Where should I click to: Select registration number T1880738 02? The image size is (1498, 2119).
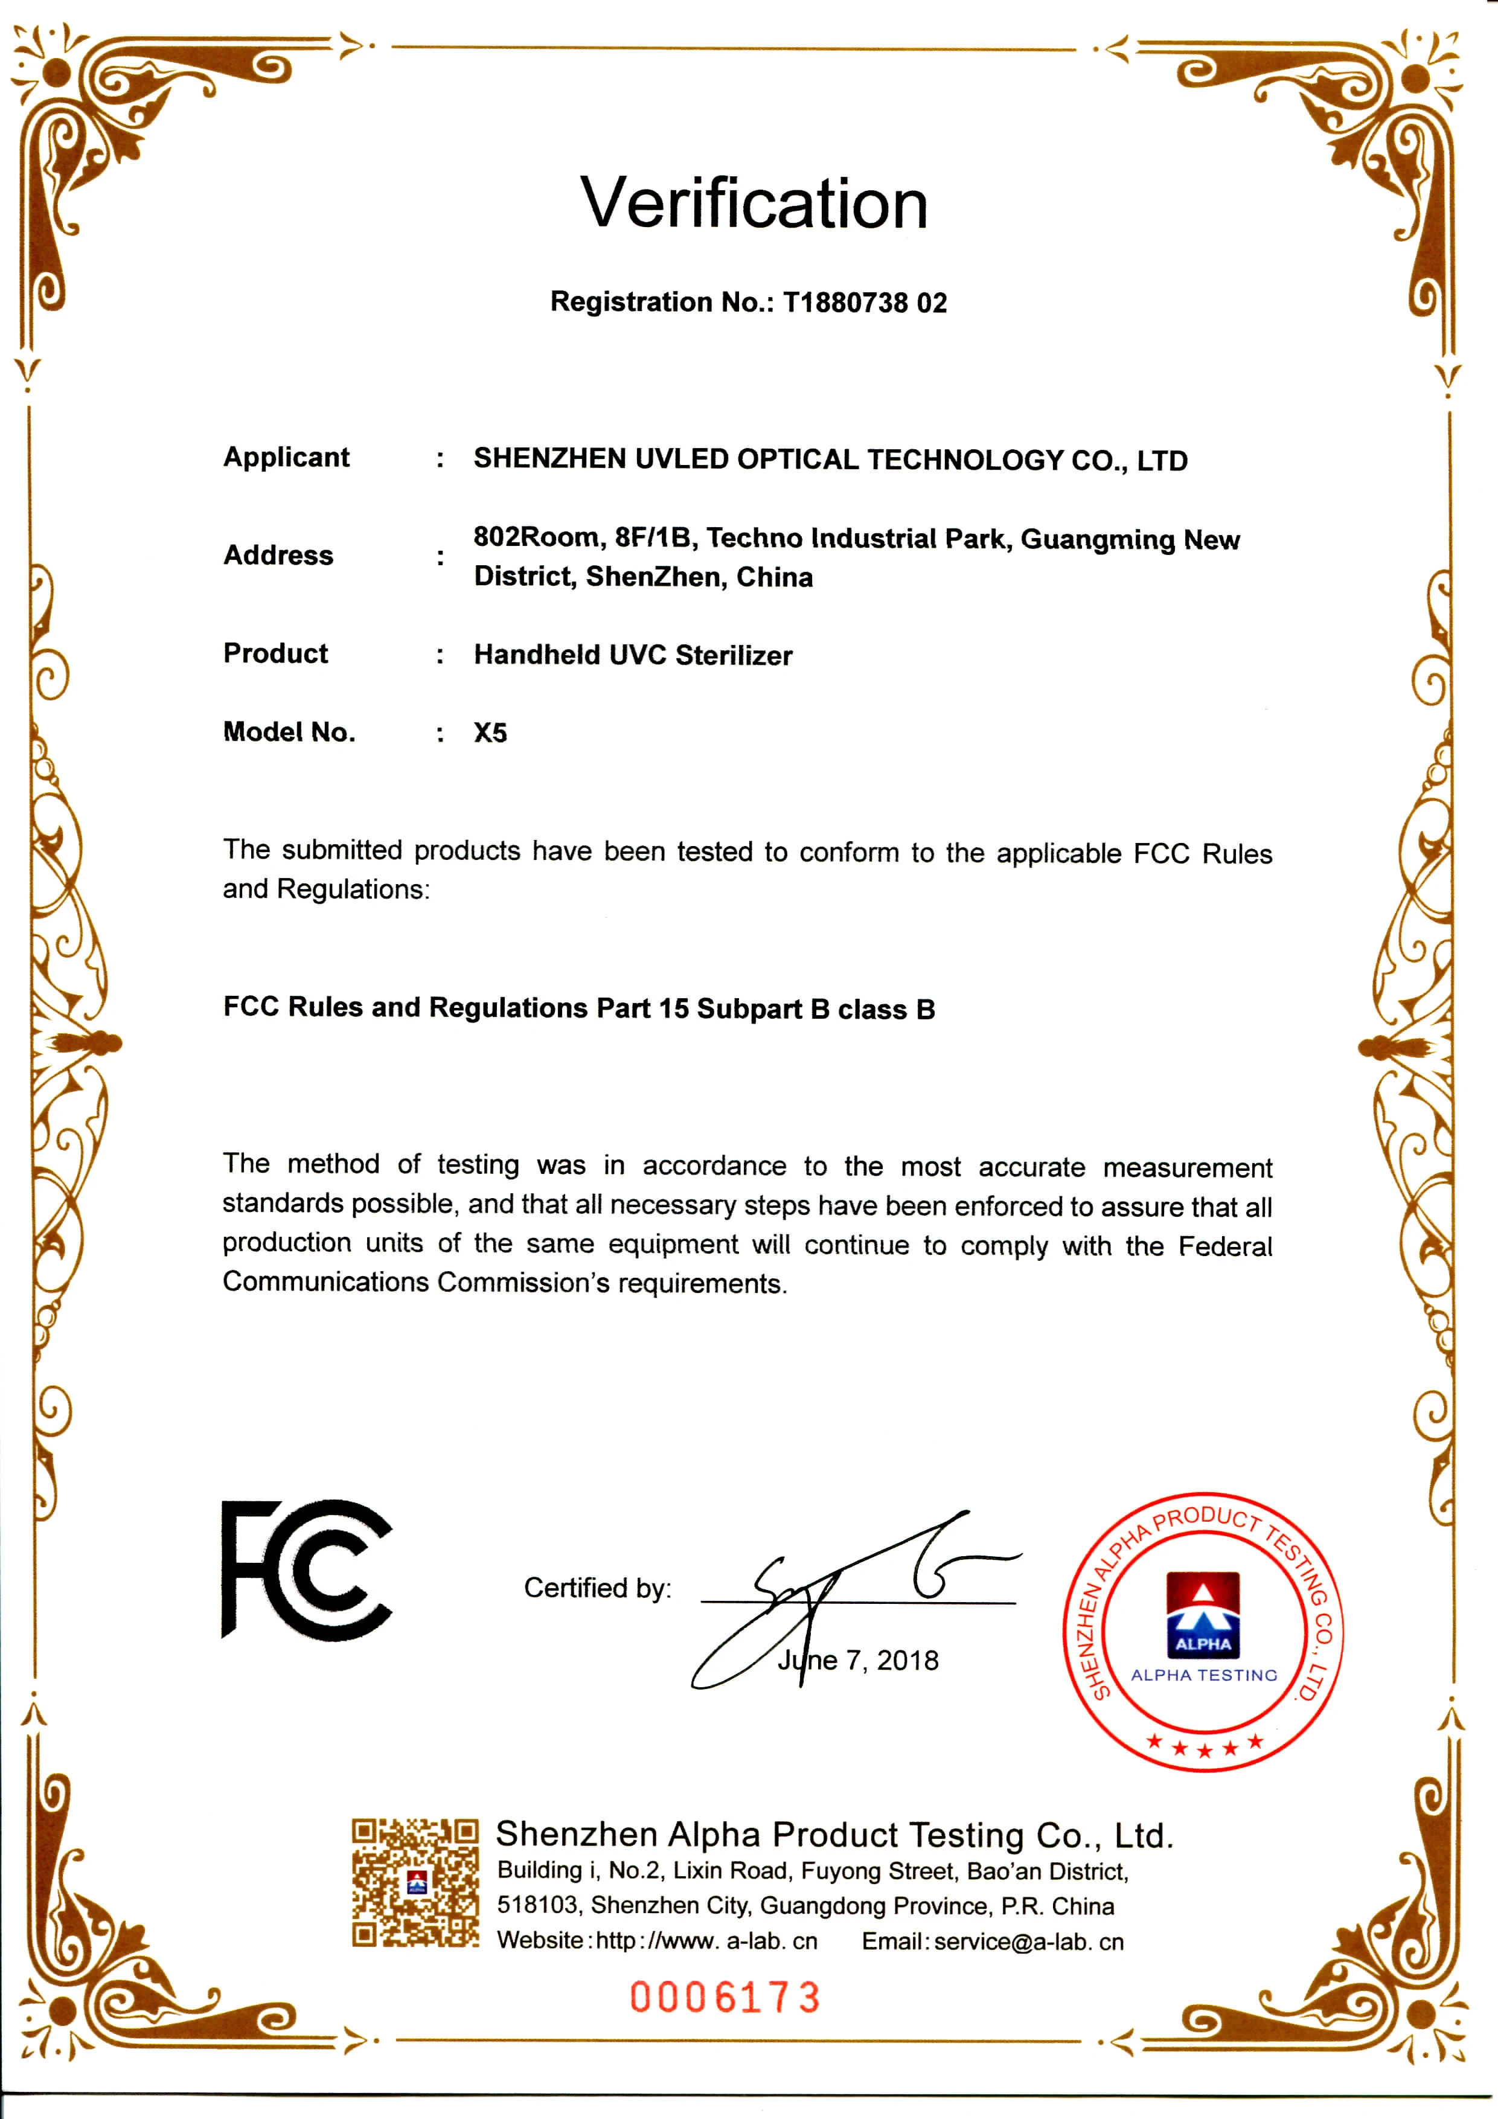865,303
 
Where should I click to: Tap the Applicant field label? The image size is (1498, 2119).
286,458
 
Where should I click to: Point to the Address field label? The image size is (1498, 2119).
278,556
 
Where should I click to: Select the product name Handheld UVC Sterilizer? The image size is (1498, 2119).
633,655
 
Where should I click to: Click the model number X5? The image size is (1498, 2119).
490,733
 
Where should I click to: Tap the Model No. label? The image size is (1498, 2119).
289,733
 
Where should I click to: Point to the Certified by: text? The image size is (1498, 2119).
597,1588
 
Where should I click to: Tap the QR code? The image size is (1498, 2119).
415,1883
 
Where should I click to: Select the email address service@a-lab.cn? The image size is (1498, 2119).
1029,1942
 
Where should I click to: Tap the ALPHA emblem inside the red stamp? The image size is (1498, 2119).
1203,1615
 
